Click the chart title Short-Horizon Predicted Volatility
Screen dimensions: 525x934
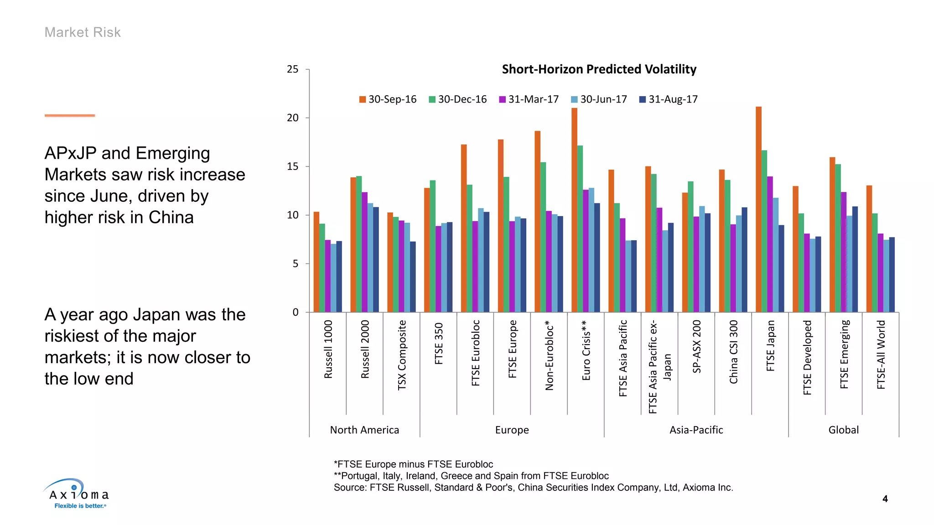[x=599, y=69]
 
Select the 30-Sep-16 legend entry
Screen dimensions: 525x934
[x=388, y=99]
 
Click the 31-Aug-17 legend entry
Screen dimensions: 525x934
[x=669, y=99]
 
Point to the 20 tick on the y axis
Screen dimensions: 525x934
[x=292, y=118]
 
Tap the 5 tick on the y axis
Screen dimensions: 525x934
[x=296, y=264]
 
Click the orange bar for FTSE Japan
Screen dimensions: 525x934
[x=758, y=210]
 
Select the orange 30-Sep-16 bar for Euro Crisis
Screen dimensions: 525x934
[x=574, y=210]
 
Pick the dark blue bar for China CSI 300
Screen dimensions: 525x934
[x=744, y=260]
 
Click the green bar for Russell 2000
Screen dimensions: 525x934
[x=359, y=244]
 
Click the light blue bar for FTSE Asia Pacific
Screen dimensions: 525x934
[x=628, y=276]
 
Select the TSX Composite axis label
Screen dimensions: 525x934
[x=402, y=355]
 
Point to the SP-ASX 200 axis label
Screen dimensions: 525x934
[x=696, y=346]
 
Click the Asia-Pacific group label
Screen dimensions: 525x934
[x=696, y=430]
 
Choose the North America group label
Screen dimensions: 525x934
[x=364, y=430]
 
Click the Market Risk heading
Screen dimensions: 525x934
[x=83, y=32]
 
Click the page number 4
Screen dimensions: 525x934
[x=885, y=499]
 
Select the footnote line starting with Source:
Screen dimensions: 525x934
[x=533, y=488]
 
